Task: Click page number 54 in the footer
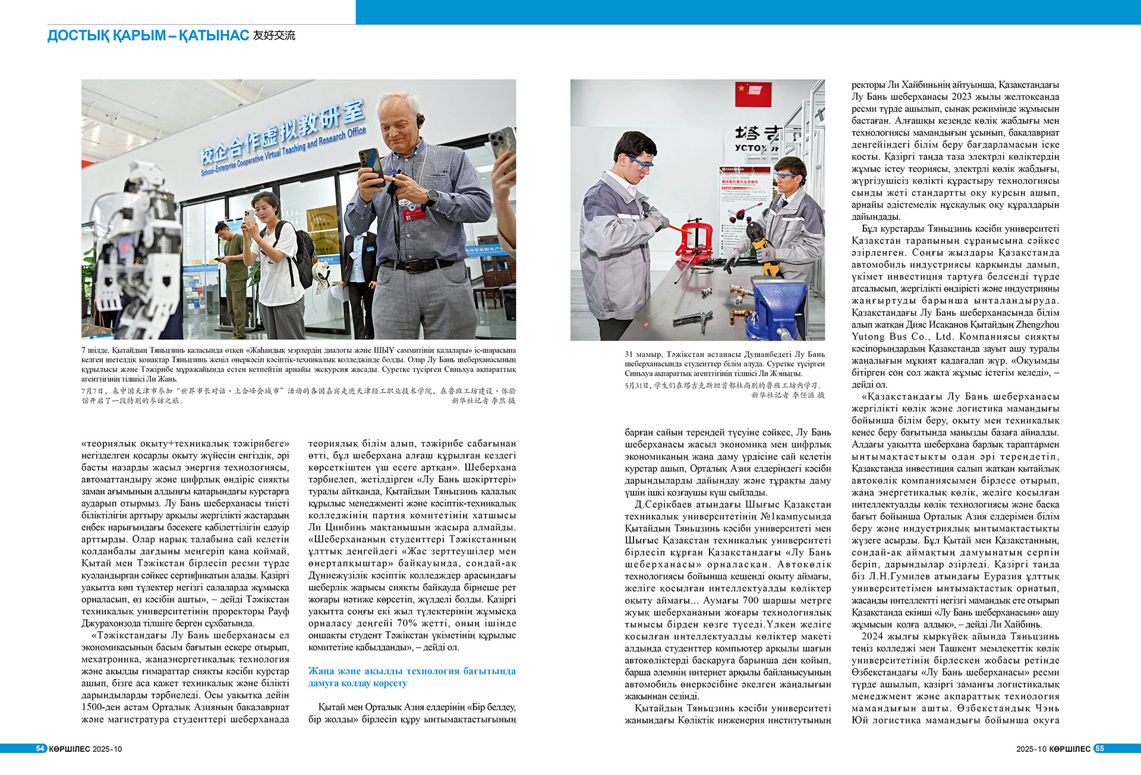(40, 748)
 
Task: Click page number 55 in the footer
(1099, 748)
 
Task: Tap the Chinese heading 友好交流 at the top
(274, 36)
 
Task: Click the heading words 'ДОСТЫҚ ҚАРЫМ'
(106, 36)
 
